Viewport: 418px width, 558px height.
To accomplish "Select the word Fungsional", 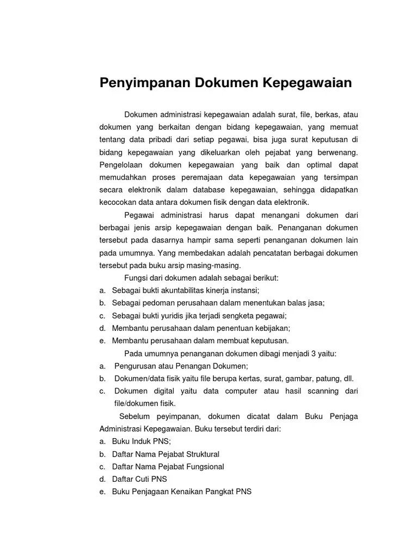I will pos(204,466).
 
